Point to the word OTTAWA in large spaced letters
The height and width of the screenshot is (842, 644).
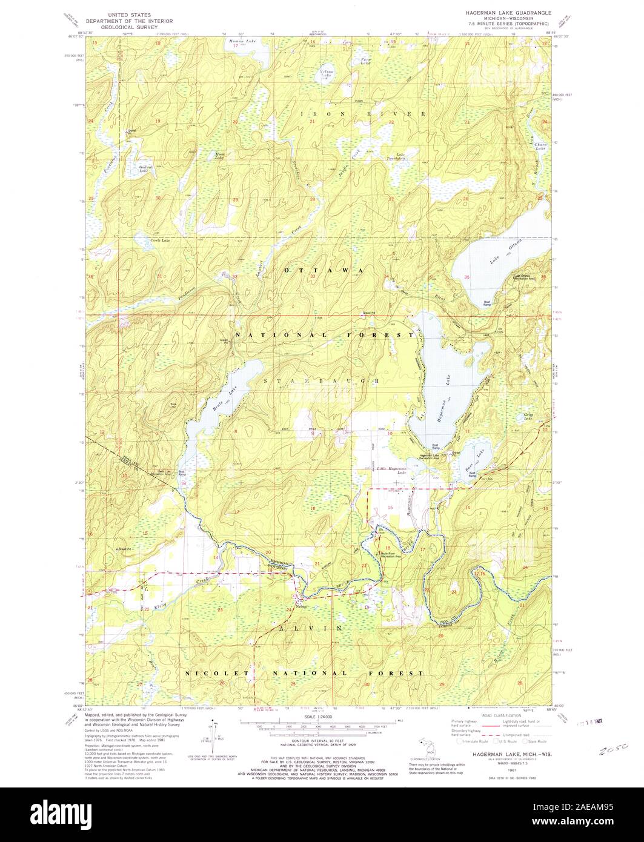tap(324, 270)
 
